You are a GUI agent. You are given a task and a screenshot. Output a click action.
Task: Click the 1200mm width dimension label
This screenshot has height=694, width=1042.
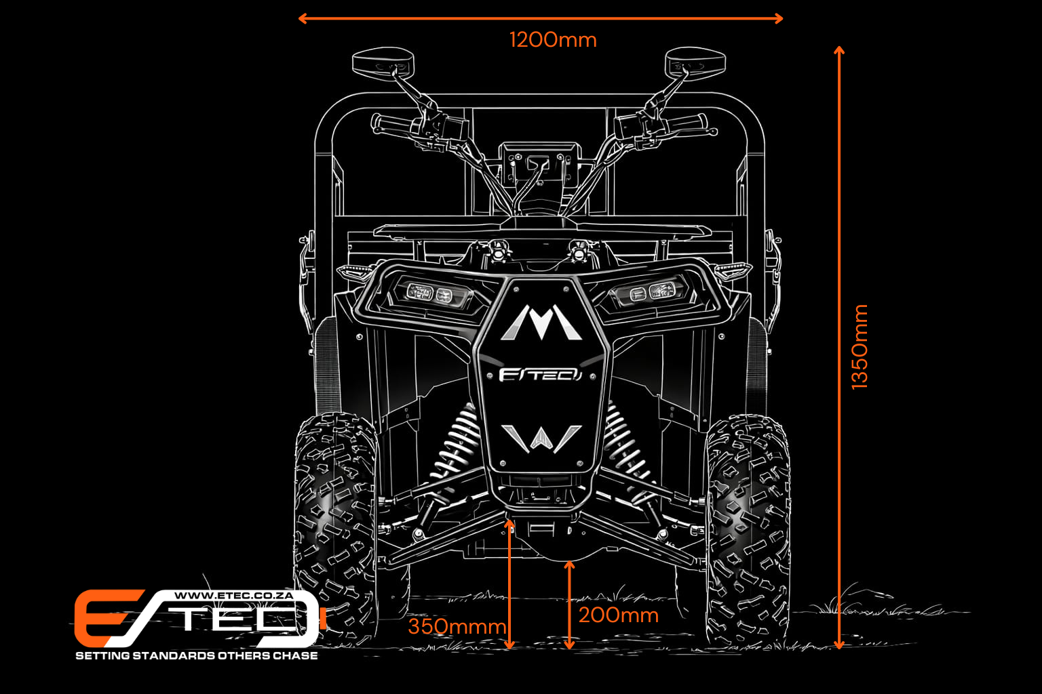pos(553,40)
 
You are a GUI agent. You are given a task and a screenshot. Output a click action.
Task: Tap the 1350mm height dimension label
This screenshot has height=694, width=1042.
pos(860,347)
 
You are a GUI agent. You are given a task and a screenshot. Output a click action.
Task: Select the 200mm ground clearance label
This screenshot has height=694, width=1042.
pos(619,615)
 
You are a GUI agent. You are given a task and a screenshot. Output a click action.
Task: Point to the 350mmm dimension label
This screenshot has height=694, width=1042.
pos(457,627)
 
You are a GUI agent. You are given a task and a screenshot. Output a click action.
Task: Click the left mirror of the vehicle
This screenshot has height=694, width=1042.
pos(383,62)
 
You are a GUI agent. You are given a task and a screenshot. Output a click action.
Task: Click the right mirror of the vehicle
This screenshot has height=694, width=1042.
pos(695,62)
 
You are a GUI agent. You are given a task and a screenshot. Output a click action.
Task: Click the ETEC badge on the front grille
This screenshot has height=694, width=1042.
pos(540,375)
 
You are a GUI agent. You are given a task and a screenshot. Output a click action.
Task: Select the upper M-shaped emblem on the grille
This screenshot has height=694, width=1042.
pos(541,322)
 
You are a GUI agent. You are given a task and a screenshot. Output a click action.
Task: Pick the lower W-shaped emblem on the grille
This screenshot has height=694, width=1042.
pos(541,438)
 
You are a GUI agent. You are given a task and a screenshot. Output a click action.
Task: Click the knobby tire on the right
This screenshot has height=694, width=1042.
pos(748,530)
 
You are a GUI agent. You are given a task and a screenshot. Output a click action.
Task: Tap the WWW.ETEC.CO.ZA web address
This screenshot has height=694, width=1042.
pos(233,596)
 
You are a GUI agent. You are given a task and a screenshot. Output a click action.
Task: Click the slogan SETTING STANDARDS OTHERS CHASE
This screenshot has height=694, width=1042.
pos(197,655)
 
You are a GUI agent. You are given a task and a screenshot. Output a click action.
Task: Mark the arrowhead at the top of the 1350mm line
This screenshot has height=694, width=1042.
pos(838,50)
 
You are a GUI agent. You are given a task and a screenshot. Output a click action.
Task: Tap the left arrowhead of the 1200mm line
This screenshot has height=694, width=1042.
pos(303,18)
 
